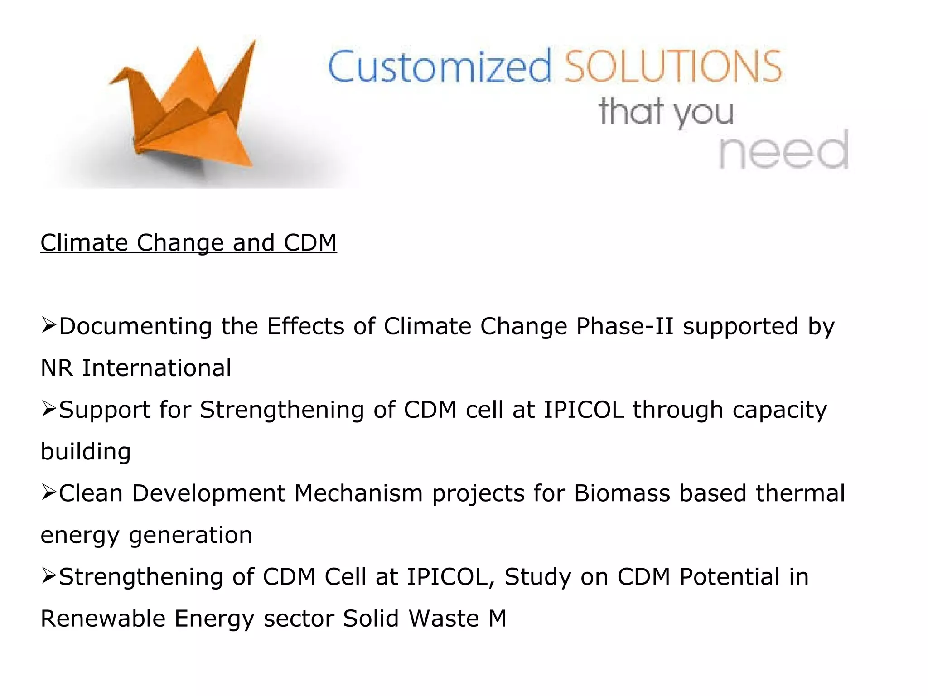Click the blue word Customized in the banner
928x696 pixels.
pos(440,67)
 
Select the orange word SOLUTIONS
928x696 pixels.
pos(673,67)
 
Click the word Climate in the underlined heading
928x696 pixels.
pos(84,243)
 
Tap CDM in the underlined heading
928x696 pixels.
pos(310,243)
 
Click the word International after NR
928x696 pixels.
pos(156,368)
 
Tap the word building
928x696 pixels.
pos(86,452)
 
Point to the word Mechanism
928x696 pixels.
pos(358,493)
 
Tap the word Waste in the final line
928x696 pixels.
pos(444,619)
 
